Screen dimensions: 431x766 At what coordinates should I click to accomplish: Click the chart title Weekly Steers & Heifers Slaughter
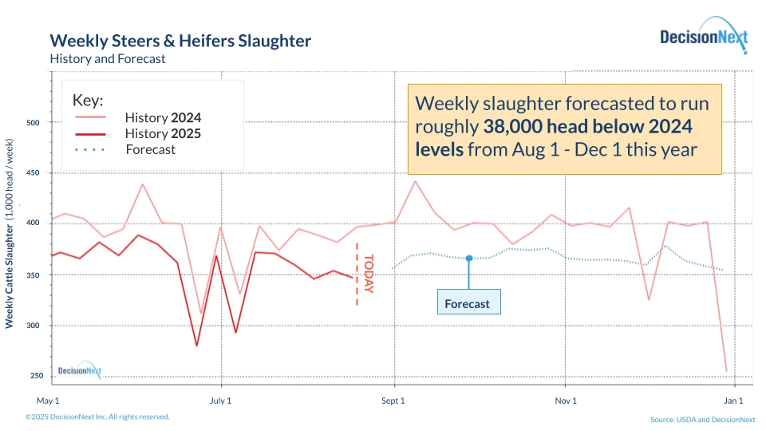[180, 41]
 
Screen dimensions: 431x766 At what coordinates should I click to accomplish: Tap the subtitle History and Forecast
[107, 58]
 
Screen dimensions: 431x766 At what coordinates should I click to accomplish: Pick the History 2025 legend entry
[163, 134]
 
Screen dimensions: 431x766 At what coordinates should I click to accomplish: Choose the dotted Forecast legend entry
[150, 149]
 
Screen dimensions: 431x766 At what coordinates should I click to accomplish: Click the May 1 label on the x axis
[49, 400]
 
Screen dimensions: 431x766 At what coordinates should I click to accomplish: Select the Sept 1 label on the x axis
[393, 400]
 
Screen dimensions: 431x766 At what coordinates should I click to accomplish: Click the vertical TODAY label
[368, 274]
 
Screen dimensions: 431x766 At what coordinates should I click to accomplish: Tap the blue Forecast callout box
[468, 303]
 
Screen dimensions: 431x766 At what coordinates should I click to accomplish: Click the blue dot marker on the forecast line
[468, 258]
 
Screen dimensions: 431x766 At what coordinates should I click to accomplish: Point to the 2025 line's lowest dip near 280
[196, 346]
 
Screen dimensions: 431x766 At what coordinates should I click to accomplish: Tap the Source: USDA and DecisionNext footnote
[702, 419]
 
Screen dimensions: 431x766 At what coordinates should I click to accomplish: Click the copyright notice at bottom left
[97, 417]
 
